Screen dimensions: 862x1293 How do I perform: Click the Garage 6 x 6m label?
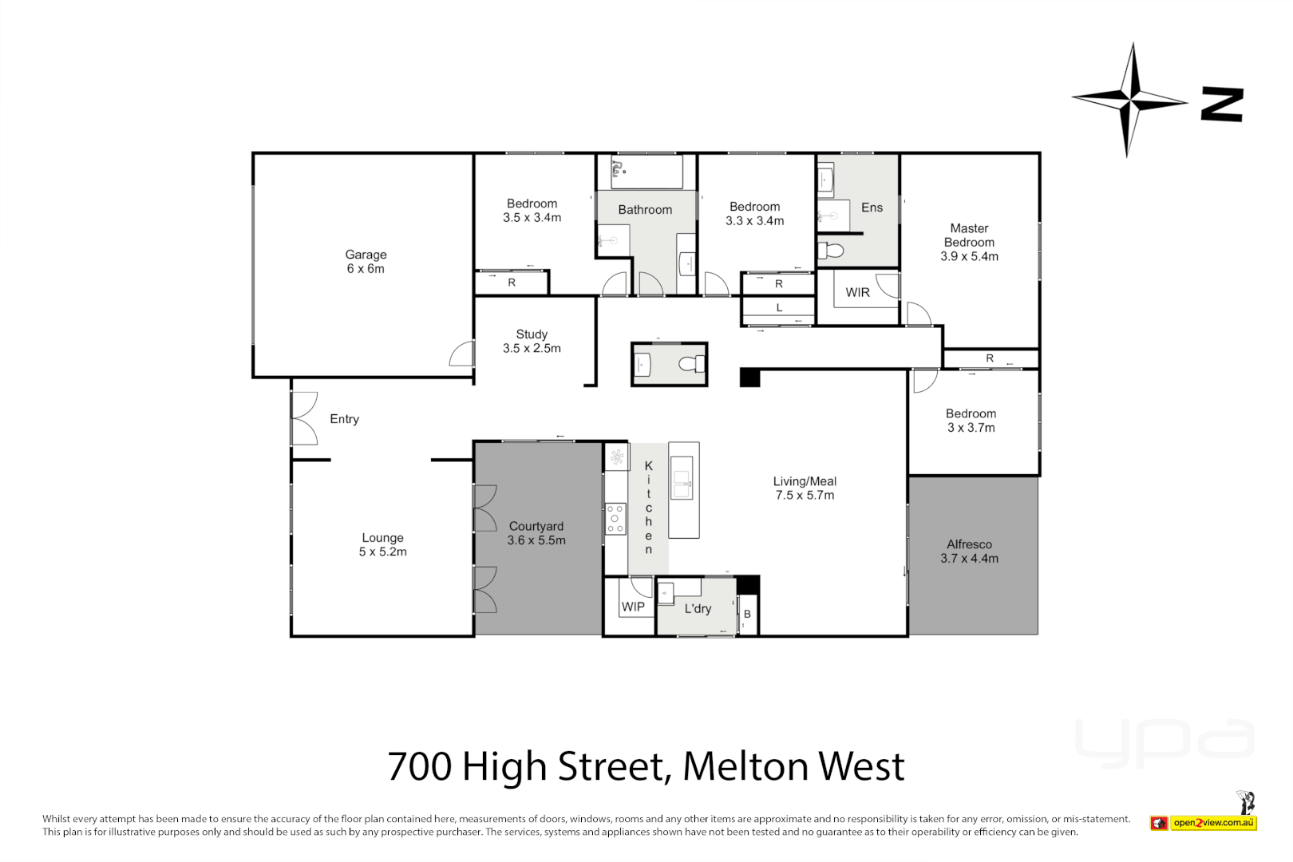366,262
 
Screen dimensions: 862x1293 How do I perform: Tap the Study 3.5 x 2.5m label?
532,341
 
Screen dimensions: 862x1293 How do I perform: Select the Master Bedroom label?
969,242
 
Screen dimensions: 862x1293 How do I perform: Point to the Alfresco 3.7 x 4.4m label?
969,552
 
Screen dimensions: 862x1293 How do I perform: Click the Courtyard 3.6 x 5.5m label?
536,533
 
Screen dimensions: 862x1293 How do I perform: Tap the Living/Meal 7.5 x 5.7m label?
805,488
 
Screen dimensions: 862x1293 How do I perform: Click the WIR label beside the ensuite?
857,293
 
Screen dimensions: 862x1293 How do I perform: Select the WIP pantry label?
633,607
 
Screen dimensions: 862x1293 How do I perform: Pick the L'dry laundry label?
698,609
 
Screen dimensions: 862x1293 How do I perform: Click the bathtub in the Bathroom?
646,171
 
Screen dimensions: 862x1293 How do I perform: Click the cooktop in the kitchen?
615,518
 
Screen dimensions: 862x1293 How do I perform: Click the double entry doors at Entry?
303,418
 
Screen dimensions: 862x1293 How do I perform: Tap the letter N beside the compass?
1222,105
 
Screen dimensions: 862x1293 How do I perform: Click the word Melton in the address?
745,766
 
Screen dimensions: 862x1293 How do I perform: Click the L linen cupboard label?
779,308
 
